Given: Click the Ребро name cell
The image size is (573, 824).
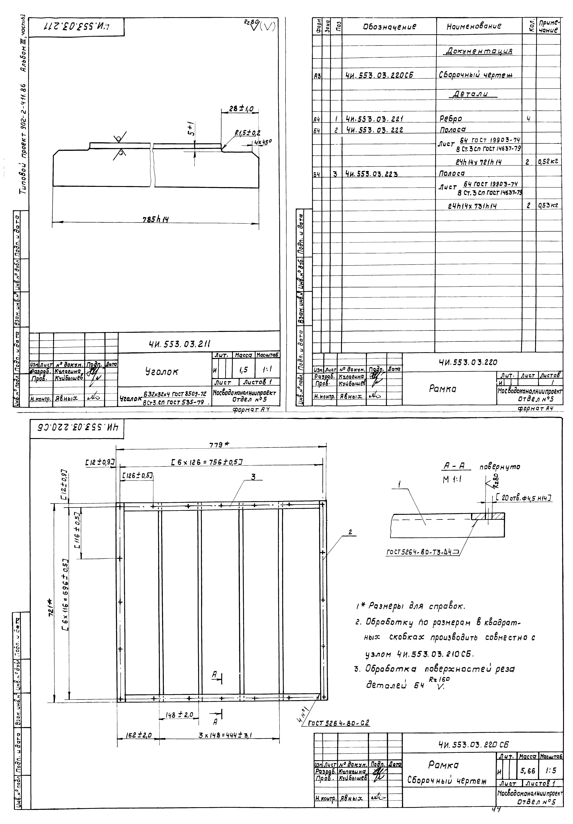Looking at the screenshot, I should click(451, 118).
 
